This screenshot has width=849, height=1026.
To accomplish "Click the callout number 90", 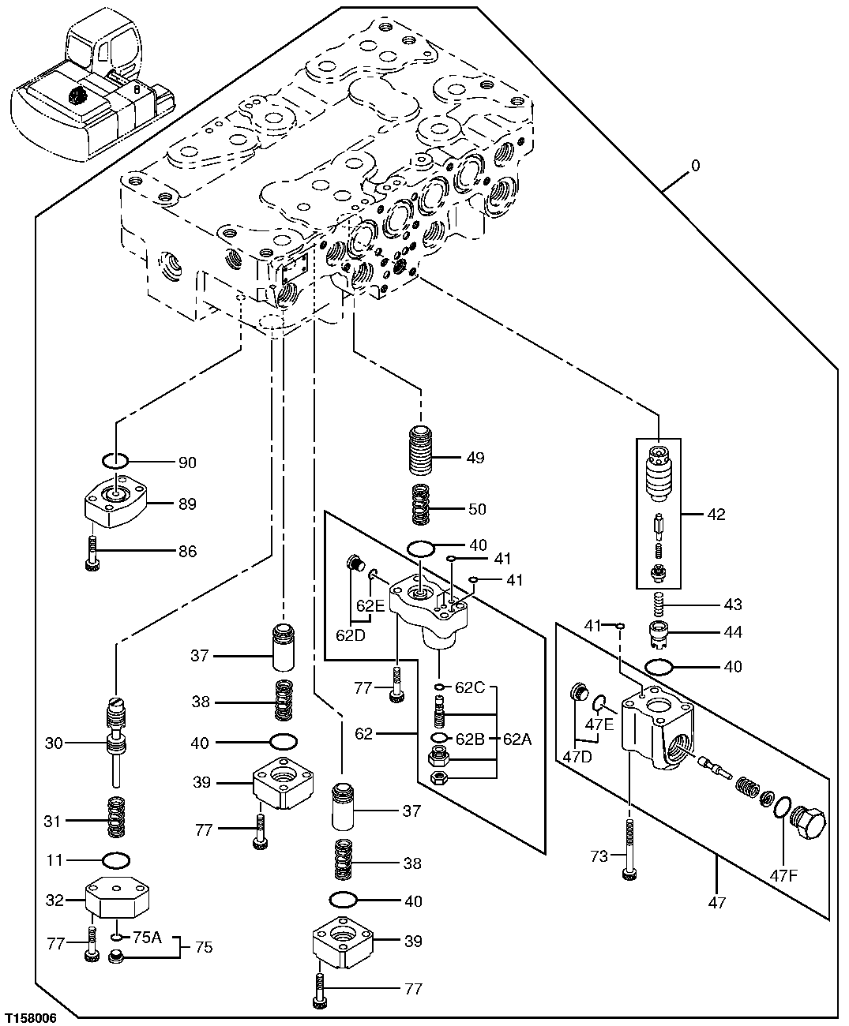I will pos(187,462).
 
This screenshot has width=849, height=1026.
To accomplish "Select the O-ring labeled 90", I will pos(116,460).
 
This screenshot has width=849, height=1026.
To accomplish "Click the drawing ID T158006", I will pos(31,1018).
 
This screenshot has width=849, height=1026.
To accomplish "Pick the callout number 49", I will pos(475,458).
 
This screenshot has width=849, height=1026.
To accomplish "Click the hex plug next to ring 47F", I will pos(807,823).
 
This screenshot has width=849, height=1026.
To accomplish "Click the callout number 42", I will pos(716,515).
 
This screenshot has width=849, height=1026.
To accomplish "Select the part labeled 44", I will pos(658,632).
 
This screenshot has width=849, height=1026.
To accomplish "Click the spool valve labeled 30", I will pos(116,738).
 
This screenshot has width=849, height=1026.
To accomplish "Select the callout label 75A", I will pos(147,937).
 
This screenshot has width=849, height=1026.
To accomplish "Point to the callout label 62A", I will pos(518,739).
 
